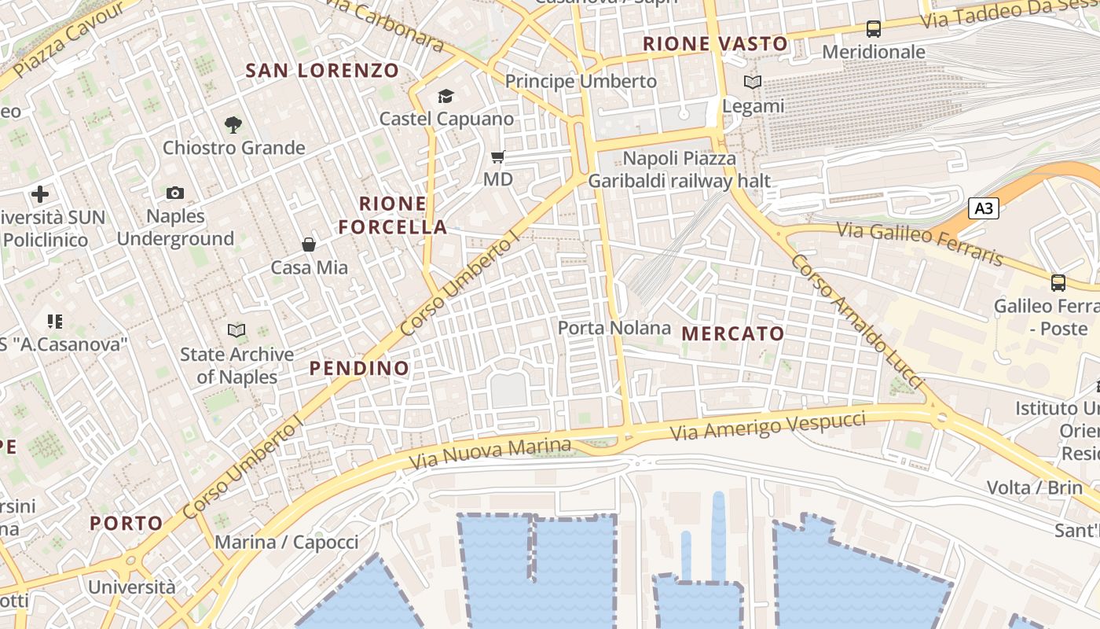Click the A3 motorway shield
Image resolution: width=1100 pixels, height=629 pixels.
984,208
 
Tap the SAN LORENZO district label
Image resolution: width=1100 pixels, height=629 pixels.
322,71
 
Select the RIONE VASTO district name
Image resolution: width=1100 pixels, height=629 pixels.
715,44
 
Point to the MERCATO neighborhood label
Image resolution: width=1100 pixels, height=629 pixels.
733,333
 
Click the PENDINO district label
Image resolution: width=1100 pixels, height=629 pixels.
359,368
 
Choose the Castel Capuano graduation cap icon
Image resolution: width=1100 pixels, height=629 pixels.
446,97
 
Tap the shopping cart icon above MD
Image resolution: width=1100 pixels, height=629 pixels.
497,157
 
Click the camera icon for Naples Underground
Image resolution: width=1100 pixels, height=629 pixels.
175,193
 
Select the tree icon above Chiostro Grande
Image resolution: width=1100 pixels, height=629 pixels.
233,124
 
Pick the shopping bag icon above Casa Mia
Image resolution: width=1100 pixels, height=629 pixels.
309,245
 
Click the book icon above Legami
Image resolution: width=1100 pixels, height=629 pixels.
753,82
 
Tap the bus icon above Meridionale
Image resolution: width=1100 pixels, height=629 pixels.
873,29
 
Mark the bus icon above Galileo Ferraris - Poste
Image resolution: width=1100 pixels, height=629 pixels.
1058,282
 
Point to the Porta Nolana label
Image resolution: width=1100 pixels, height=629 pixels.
614,328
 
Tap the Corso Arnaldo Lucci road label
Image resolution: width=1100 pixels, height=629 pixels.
856,320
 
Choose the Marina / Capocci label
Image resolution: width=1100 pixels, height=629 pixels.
286,542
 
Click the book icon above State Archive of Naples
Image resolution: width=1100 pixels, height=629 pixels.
236,331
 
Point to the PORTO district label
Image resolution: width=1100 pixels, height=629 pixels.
126,523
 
